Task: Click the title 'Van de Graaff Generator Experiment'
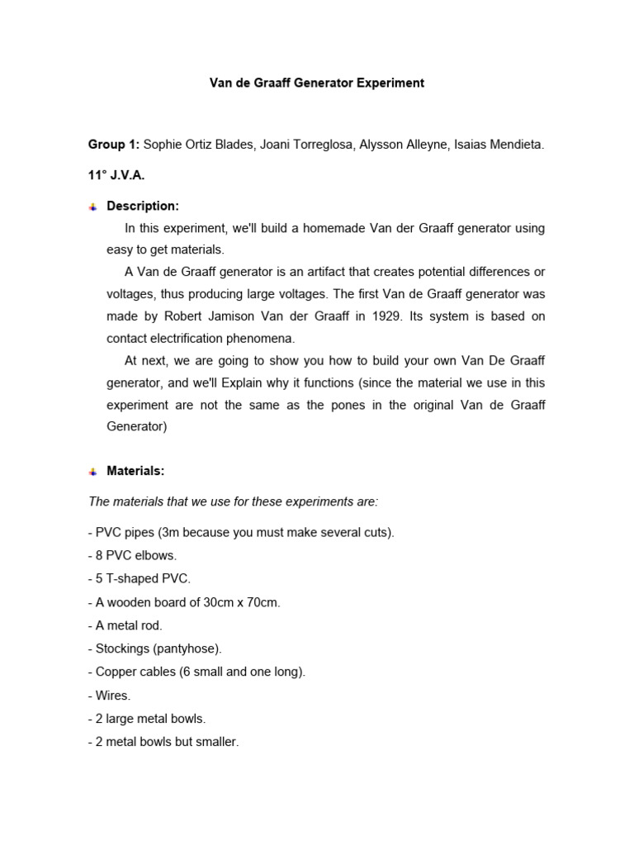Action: (316, 83)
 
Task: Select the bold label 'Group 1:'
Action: (114, 145)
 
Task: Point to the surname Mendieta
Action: (516, 145)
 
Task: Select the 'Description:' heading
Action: (143, 206)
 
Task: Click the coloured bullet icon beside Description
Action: (92, 207)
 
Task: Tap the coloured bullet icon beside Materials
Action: (92, 472)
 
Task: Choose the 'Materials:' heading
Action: (135, 471)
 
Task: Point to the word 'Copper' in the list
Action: (113, 672)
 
